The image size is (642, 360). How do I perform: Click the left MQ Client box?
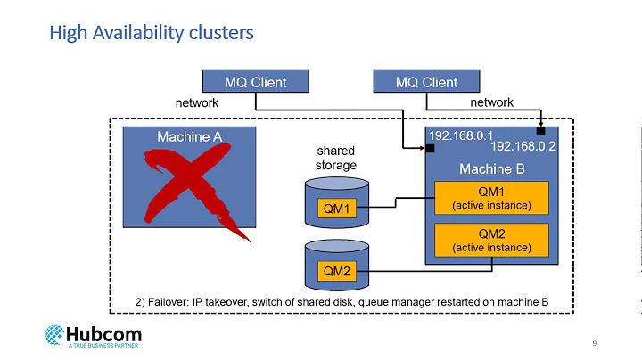tap(255, 82)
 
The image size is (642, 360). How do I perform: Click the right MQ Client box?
tap(426, 82)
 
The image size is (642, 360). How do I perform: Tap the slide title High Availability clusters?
tap(151, 33)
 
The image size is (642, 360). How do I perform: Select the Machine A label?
tap(189, 136)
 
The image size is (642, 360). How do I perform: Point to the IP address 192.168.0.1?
tap(461, 135)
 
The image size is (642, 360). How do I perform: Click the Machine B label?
tap(491, 168)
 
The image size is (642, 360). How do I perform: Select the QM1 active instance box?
tap(491, 198)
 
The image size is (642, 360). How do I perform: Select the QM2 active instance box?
tap(491, 240)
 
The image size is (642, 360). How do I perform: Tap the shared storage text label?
tap(337, 158)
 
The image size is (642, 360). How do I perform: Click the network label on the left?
tap(196, 103)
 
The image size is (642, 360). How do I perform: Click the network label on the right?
tap(491, 103)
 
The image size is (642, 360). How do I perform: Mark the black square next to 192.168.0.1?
tap(430, 148)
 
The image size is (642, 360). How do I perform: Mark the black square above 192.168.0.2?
tap(540, 130)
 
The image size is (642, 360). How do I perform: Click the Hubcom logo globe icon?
tap(55, 336)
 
